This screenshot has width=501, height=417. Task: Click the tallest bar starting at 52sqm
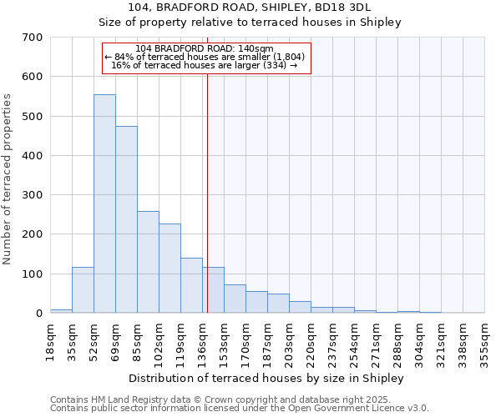click(x=104, y=204)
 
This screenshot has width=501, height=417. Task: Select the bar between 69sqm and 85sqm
click(x=126, y=220)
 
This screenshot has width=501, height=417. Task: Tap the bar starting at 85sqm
click(x=148, y=263)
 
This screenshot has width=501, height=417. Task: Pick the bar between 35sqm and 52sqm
click(x=83, y=290)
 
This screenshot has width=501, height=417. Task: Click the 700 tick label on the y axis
click(x=33, y=38)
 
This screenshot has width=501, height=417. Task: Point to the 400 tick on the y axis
click(x=33, y=156)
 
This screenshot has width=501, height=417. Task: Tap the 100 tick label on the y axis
click(x=33, y=274)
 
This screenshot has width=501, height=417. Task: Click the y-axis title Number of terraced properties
click(x=8, y=179)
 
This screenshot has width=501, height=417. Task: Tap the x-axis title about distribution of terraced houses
click(x=268, y=379)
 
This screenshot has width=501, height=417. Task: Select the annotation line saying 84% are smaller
click(x=205, y=57)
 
